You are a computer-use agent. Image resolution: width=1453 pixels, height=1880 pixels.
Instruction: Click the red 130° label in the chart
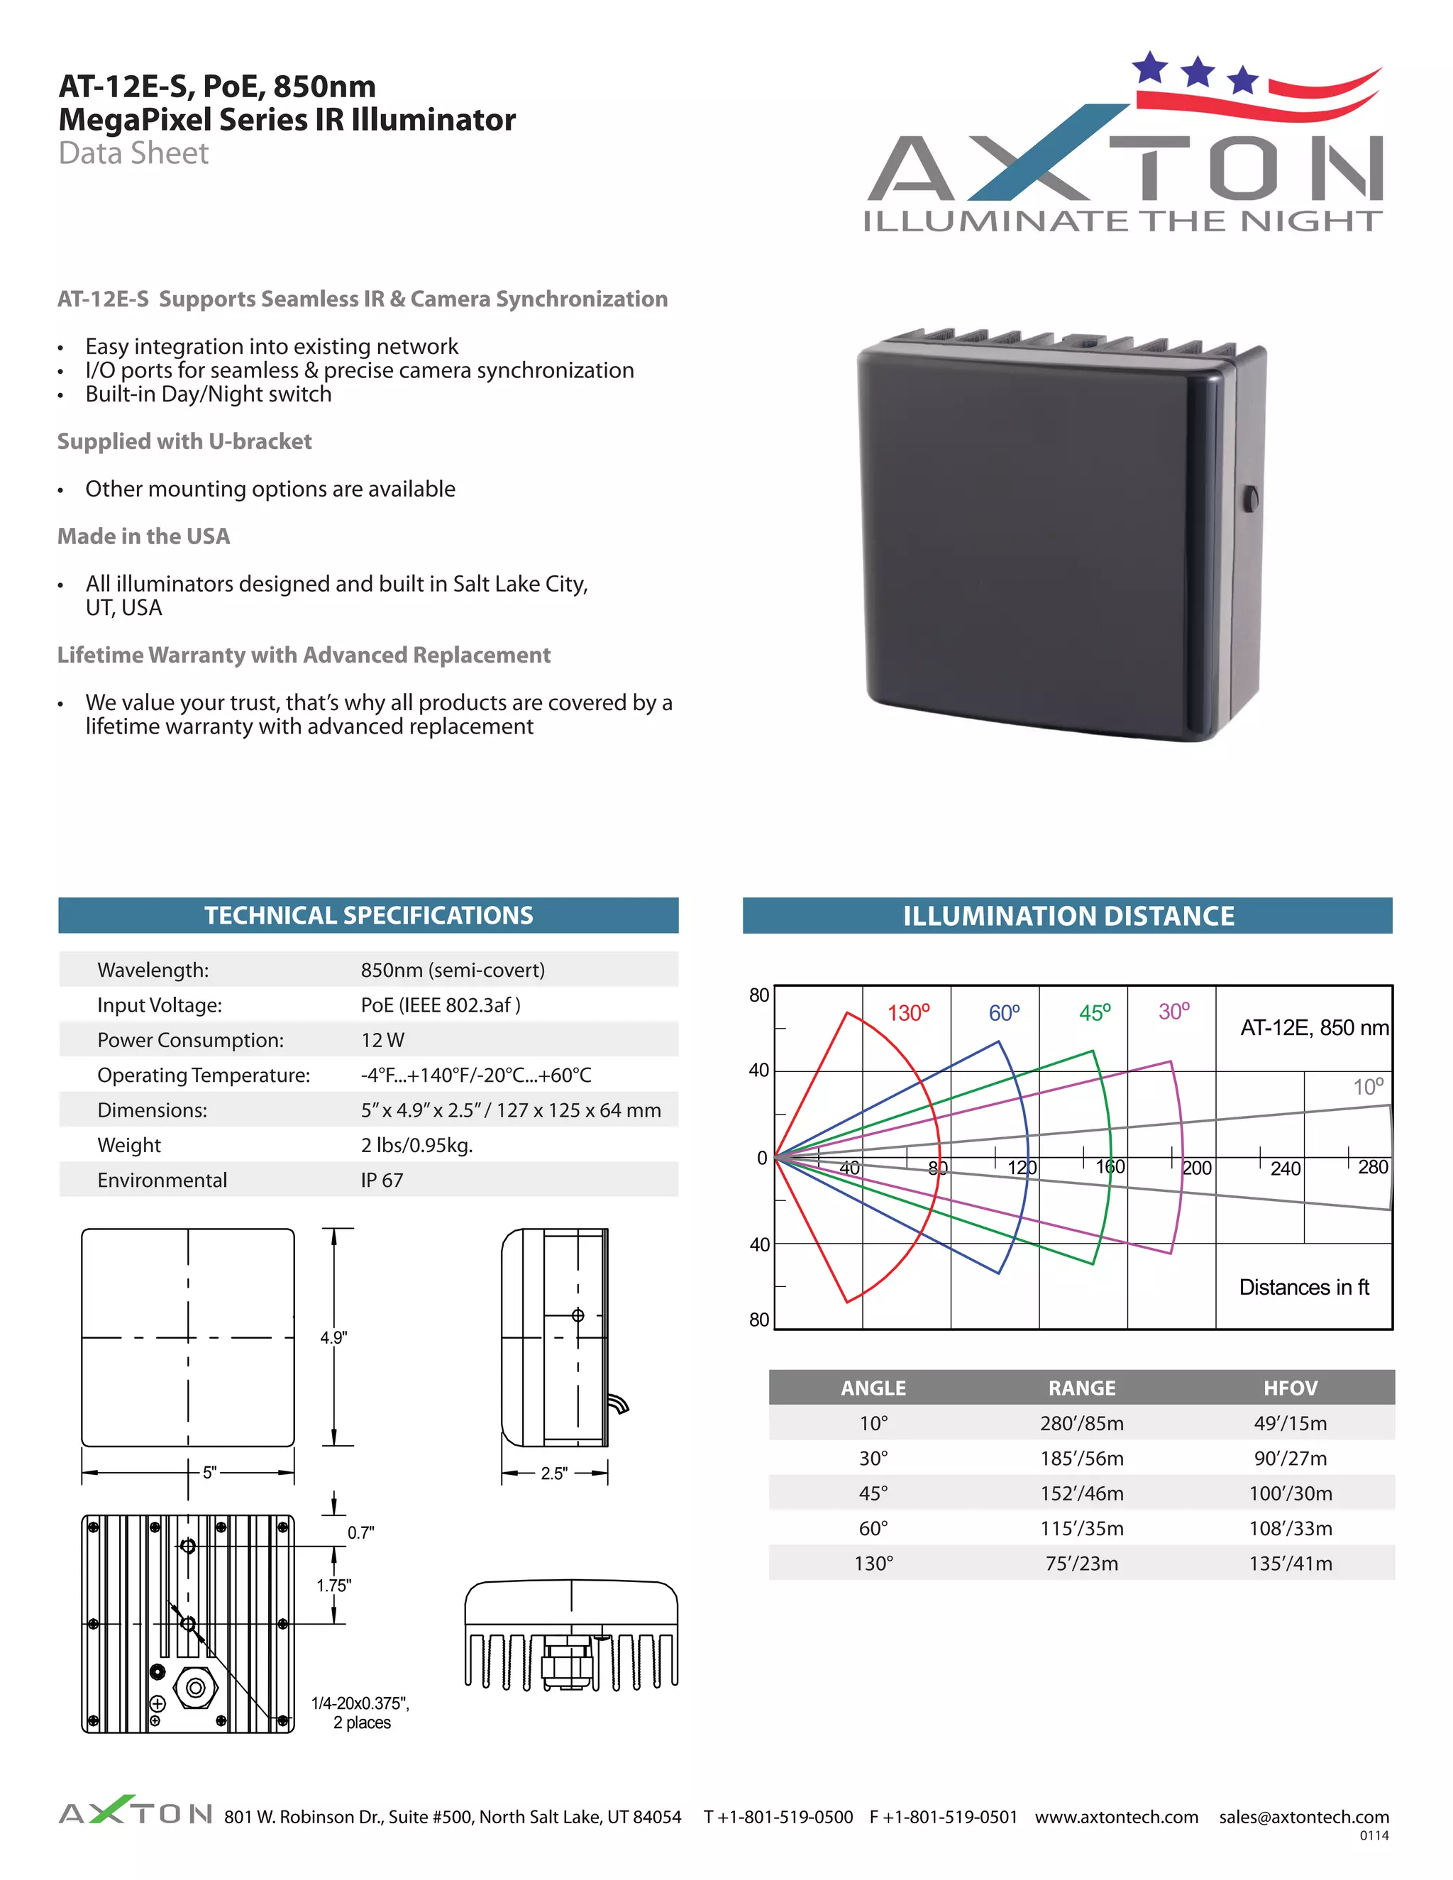(x=908, y=1012)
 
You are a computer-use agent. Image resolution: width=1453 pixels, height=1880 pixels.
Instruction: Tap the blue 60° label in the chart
(x=1004, y=1012)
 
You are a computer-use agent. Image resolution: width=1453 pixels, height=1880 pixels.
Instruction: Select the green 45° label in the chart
(x=1094, y=1012)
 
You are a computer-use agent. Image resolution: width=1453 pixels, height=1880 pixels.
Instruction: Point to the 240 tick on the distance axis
(x=1285, y=1168)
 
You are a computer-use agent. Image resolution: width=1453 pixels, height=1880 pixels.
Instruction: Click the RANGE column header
(x=1081, y=1388)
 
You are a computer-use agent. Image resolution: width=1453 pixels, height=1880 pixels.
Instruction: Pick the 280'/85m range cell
(x=1081, y=1423)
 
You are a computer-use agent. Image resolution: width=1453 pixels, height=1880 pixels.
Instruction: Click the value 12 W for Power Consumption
(x=382, y=1040)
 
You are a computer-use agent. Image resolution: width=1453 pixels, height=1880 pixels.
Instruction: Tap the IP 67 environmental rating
(x=381, y=1180)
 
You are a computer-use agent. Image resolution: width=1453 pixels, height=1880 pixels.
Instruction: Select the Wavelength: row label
(x=153, y=970)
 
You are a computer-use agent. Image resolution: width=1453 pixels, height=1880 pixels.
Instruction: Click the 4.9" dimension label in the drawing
(x=334, y=1337)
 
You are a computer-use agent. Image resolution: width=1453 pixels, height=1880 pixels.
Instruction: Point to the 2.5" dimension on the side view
(x=553, y=1473)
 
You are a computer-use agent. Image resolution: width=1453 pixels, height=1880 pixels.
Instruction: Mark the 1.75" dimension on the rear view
(x=334, y=1585)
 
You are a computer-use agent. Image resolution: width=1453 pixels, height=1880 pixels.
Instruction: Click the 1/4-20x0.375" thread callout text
(x=360, y=1703)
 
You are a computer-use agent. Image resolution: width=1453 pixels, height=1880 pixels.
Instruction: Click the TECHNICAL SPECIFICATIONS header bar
(x=368, y=915)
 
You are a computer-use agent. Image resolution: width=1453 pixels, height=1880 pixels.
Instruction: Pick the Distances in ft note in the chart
(x=1303, y=1287)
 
